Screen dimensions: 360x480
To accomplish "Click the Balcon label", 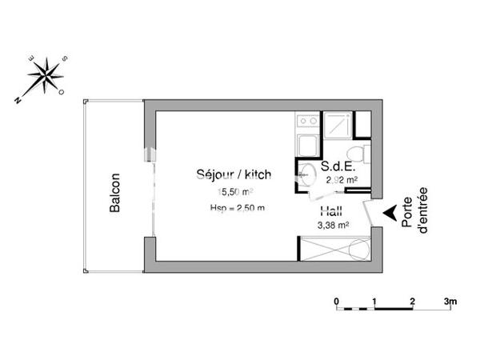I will tap(115, 193).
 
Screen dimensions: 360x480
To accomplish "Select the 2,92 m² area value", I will tap(342, 180).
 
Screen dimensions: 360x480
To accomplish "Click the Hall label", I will tap(332, 212).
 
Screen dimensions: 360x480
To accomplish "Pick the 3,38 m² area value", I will tap(333, 226).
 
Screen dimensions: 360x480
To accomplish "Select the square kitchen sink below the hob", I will tap(307, 146).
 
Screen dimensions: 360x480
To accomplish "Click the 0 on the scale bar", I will tap(337, 301).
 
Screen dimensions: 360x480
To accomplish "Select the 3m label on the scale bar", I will tap(450, 301).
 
